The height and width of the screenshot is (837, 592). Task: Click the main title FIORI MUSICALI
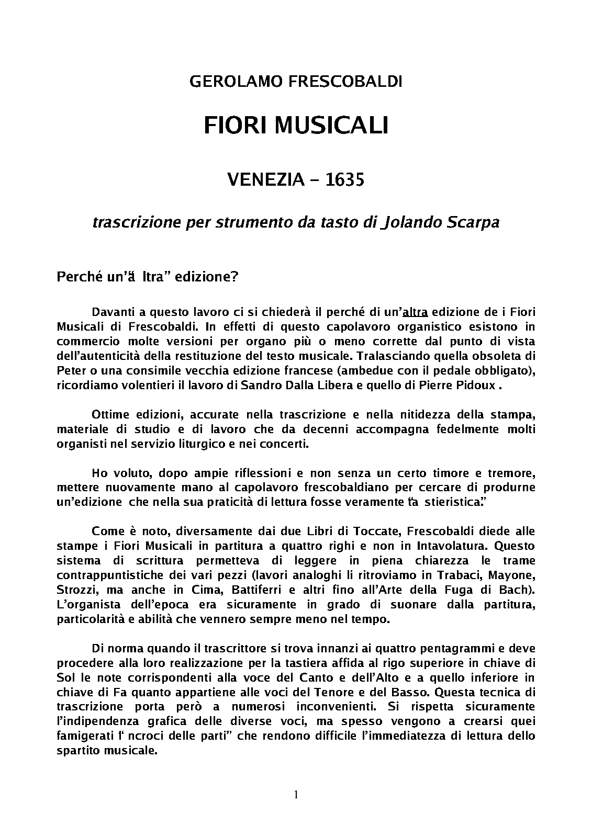[296, 126]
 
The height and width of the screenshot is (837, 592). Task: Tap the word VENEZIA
[266, 180]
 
